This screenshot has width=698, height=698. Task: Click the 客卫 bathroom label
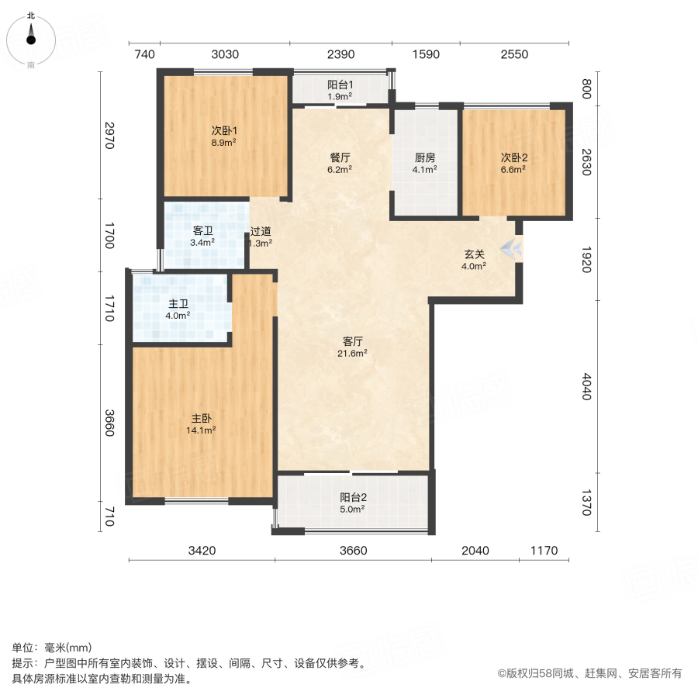click(x=203, y=230)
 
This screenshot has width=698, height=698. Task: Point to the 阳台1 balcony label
click(x=340, y=85)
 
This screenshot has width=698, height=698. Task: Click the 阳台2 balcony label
click(x=353, y=498)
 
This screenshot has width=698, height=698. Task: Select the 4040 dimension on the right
click(x=586, y=386)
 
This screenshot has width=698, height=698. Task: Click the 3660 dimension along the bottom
click(x=353, y=551)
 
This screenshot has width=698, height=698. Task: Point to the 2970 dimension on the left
click(x=110, y=135)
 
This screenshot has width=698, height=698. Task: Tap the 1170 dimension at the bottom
click(x=544, y=551)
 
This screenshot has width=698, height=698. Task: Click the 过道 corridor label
click(x=261, y=231)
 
